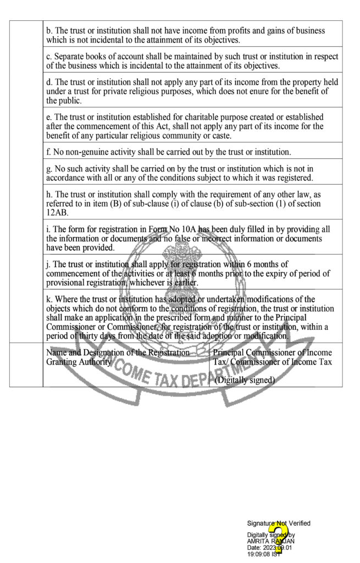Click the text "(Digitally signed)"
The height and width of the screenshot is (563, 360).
[245, 379]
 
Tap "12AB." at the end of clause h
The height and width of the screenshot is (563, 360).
[57, 212]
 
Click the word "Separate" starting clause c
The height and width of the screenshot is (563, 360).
[70, 57]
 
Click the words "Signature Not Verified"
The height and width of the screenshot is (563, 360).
[279, 523]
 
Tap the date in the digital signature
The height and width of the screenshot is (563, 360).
[278, 548]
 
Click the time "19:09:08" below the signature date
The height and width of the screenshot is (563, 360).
[260, 554]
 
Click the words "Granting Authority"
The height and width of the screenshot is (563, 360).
[79, 362]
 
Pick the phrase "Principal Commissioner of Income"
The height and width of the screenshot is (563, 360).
[272, 352]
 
